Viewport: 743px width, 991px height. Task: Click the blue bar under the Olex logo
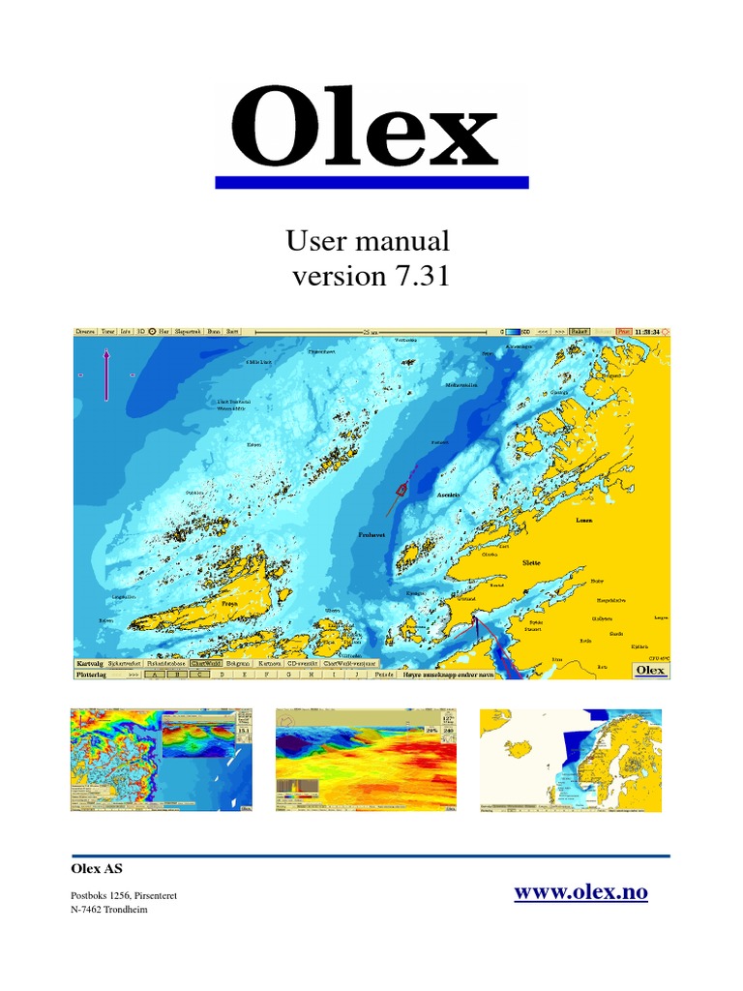tap(371, 182)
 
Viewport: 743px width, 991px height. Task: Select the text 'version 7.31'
tap(371, 277)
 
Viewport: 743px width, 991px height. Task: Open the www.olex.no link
tap(580, 892)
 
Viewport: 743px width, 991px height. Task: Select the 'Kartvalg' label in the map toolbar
tap(89, 664)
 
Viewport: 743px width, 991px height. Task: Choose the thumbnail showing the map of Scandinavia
tap(572, 761)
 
